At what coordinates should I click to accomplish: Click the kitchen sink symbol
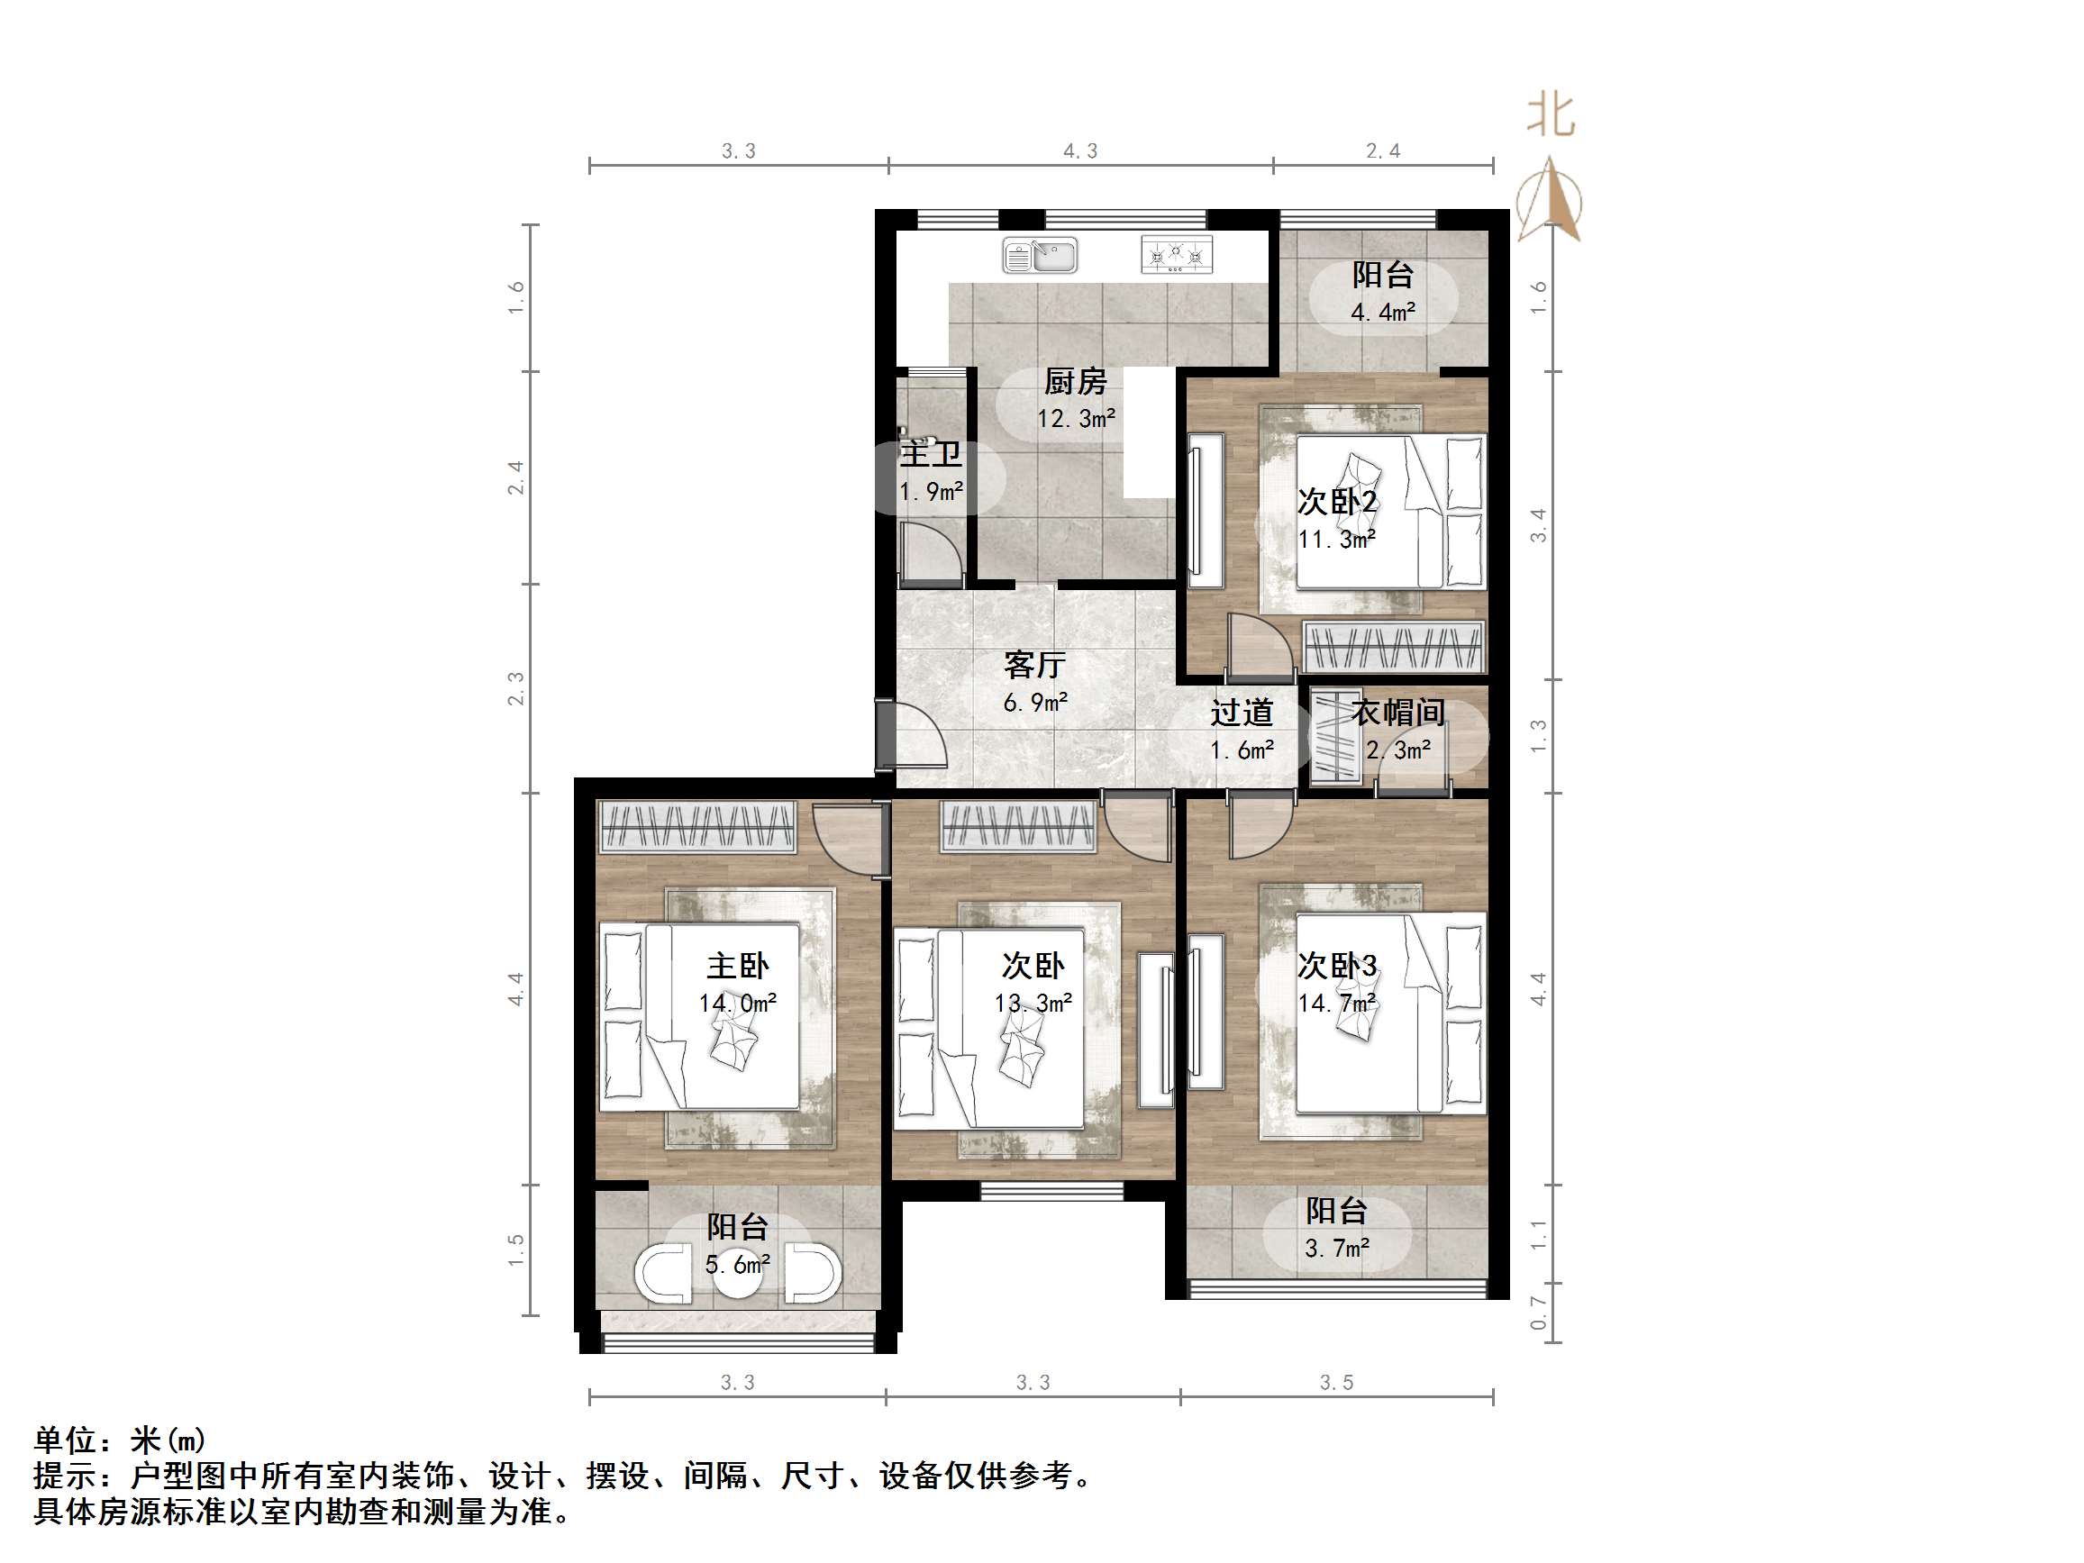1039,254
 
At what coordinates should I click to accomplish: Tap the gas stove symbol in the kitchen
1176,254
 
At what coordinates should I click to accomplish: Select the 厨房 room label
1075,382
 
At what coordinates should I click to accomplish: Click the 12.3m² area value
1076,418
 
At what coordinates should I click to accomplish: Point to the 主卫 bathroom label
931,454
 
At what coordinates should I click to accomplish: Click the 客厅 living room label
1034,665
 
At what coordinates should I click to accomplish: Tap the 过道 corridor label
1242,713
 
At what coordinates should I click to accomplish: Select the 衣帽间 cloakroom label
1398,713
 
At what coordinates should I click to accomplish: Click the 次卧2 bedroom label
1337,502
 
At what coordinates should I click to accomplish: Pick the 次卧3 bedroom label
1337,966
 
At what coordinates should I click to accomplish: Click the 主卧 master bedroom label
738,966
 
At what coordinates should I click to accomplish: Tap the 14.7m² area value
1337,1004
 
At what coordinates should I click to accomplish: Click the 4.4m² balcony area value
1383,312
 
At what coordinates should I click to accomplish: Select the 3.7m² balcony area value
1337,1249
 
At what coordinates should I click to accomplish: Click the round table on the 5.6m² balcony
737,1274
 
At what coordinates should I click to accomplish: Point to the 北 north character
1551,115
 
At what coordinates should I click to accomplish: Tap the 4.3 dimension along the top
1080,150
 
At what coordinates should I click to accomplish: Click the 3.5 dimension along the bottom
1336,1382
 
